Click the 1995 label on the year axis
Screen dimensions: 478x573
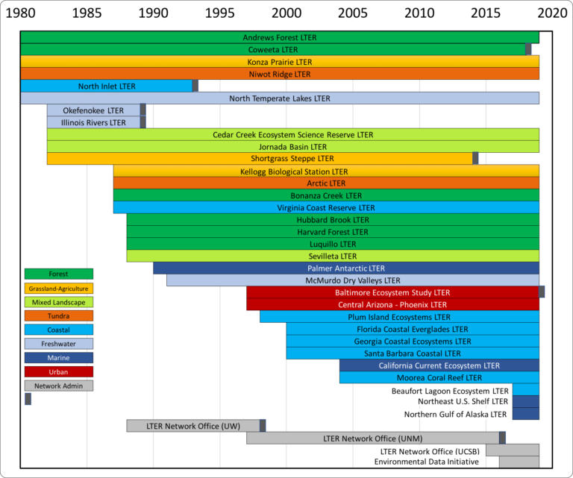pos(220,13)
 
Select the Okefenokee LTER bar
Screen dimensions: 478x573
pos(93,110)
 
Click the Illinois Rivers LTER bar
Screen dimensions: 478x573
pos(93,122)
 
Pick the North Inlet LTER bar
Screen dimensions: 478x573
pos(107,87)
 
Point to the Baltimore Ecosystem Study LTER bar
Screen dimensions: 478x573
pos(392,292)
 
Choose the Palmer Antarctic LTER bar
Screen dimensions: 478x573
pos(345,268)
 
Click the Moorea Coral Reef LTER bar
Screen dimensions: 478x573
pos(439,377)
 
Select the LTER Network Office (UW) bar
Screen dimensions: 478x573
pos(193,426)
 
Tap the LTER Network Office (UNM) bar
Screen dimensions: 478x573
pos(373,438)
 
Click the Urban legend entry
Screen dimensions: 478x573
pos(58,371)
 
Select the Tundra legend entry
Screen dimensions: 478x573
pos(58,315)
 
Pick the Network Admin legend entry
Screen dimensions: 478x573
pos(58,386)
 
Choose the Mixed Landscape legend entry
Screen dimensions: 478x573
pos(58,302)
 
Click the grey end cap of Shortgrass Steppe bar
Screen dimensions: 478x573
pos(475,158)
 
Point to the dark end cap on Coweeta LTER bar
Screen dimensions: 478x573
pos(528,49)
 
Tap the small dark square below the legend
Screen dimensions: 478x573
pos(28,399)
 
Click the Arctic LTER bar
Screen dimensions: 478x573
pos(326,183)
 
